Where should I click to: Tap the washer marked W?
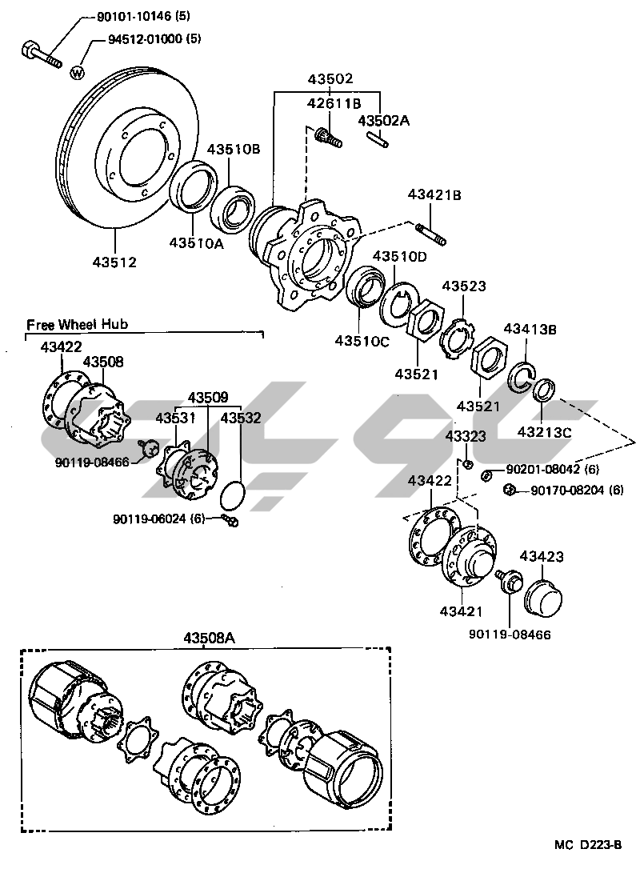[x=78, y=73]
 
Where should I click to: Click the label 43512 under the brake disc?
[x=113, y=262]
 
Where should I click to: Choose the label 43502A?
[x=383, y=120]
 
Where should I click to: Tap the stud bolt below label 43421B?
[x=431, y=236]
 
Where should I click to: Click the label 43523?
[x=464, y=286]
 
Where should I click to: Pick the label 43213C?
[x=545, y=432]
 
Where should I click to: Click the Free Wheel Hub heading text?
[x=77, y=324]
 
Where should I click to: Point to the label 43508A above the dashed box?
[x=210, y=638]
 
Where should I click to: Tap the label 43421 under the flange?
[x=460, y=612]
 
